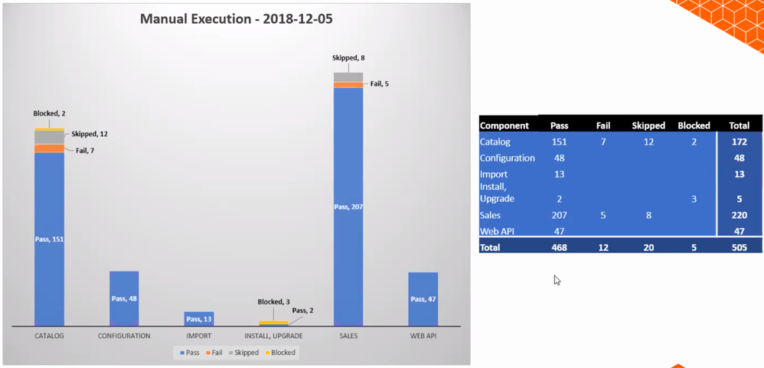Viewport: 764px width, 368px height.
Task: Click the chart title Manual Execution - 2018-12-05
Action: [236, 19]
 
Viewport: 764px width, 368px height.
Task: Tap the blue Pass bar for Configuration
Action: [124, 298]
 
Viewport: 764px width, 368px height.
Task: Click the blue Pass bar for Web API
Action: [423, 299]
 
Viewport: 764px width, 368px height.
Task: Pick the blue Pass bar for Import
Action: [198, 318]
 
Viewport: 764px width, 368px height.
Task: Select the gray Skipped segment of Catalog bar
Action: [49, 137]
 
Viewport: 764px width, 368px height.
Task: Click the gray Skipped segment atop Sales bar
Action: [348, 77]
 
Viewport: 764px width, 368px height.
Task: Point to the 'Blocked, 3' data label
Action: [273, 302]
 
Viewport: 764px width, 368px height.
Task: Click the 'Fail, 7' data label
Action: [85, 151]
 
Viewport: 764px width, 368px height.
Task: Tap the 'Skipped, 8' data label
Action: [348, 58]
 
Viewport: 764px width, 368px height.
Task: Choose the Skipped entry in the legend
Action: [243, 353]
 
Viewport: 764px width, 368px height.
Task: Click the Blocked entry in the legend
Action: [280, 353]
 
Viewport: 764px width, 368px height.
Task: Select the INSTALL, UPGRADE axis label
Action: [273, 336]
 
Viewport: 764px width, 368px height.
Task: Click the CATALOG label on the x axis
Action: [49, 336]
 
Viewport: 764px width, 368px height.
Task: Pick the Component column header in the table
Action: [504, 125]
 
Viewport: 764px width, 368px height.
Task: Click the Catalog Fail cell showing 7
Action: [603, 142]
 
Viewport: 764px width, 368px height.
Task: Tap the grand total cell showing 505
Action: [739, 247]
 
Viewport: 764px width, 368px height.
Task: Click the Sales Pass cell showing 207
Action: [560, 215]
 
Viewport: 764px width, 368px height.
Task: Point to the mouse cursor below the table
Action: [557, 280]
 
